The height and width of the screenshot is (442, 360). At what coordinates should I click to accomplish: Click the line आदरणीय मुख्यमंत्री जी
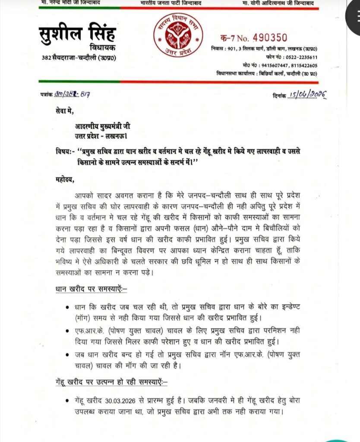pyautogui.click(x=102, y=126)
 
